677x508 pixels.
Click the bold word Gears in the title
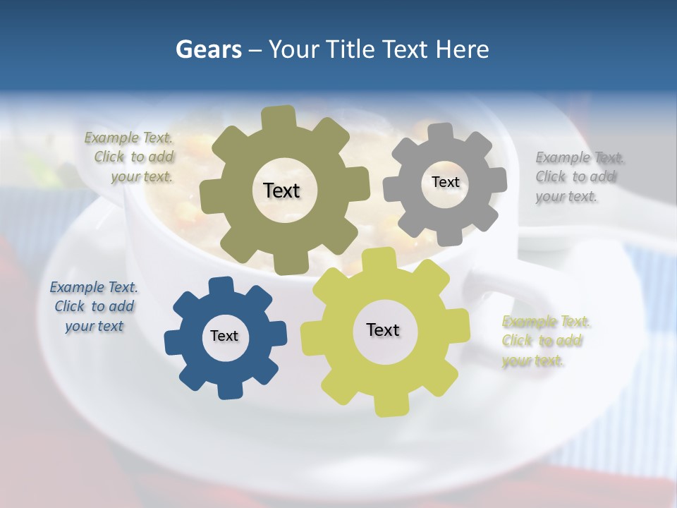(x=208, y=49)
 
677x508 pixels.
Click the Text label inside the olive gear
(x=281, y=190)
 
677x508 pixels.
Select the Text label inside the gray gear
(x=445, y=182)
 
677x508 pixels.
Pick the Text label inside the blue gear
(x=224, y=336)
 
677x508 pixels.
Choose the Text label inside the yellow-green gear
(x=383, y=330)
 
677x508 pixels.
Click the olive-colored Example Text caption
(x=129, y=157)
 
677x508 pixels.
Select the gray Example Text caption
(x=579, y=177)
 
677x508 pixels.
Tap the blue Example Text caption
(x=94, y=307)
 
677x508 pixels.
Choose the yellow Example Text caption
(x=545, y=341)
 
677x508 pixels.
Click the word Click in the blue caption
(x=70, y=307)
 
